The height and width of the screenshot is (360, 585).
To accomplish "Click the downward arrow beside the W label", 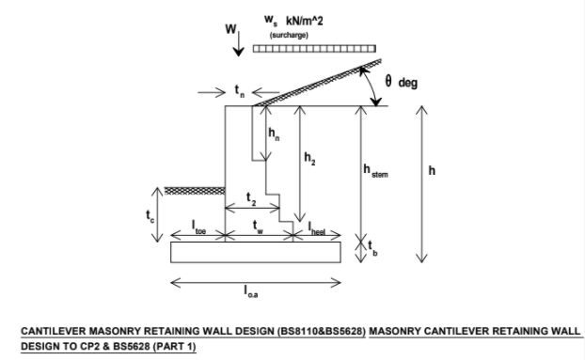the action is coord(238,43).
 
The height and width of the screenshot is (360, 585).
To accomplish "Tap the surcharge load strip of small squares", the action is coord(314,49).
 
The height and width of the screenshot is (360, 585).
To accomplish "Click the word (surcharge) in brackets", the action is coord(289,35).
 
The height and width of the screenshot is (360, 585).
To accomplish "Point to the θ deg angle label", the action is coord(401,82).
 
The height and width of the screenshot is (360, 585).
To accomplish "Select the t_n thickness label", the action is coord(240,91).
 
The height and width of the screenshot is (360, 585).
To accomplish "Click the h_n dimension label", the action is coord(274,133).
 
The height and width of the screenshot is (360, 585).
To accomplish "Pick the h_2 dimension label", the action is coord(309,159).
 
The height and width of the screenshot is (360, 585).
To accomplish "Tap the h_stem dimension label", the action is coord(375,171).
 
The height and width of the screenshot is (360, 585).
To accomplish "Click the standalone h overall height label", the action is coord(432,170).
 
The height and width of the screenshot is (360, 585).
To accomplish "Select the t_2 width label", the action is coord(251,198).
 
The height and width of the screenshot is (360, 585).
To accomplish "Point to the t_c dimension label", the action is coord(150,216).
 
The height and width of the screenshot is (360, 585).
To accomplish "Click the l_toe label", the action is coord(198,227).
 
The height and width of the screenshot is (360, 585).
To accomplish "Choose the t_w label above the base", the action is coord(258,227).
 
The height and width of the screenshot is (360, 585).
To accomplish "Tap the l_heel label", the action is coord(317,228).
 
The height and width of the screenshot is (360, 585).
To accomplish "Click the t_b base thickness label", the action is coord(372,248).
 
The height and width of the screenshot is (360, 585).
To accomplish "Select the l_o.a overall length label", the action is coord(251,291).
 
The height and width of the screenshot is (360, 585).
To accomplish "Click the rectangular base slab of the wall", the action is coord(256,252).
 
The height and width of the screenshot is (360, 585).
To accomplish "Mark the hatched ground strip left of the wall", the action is coord(195,191).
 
